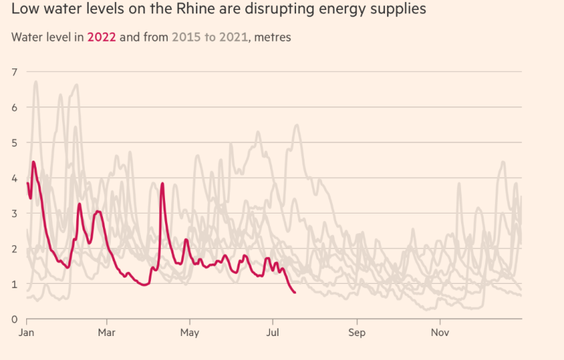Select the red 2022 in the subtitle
click(102, 37)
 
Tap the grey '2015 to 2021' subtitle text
click(210, 37)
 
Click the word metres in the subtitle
click(272, 37)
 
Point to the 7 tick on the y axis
click(14, 72)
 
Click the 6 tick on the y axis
click(14, 107)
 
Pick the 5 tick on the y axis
click(14, 142)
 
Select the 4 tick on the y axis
click(14, 178)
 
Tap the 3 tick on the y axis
click(14, 213)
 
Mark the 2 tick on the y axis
click(14, 248)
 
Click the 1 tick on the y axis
click(14, 283)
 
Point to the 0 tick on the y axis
click(14, 319)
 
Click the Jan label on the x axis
click(27, 331)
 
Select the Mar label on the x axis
click(107, 331)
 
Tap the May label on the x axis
click(190, 331)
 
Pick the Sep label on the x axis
click(357, 331)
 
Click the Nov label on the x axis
click(441, 331)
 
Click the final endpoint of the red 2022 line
click(295, 292)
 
